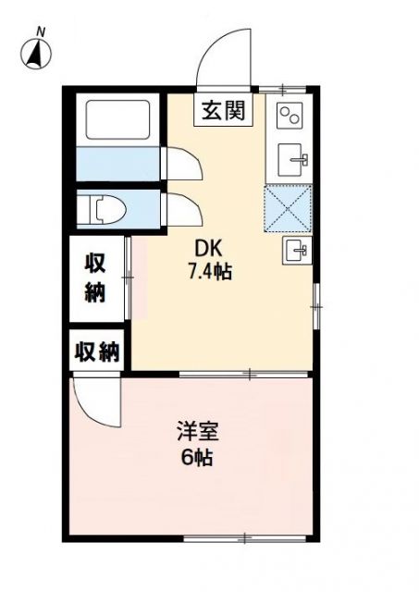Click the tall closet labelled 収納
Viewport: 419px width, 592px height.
pyautogui.click(x=96, y=277)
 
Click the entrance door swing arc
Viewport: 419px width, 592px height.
pyautogui.click(x=223, y=57)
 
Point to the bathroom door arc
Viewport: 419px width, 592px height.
pyautogui.click(x=183, y=163)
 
